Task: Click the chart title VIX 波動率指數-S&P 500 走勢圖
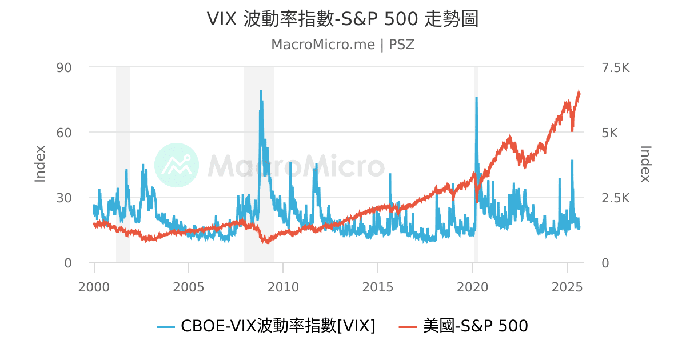[342, 19]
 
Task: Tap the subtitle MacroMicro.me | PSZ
[342, 45]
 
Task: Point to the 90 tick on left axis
[63, 67]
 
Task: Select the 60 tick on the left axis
[63, 133]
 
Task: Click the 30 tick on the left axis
[63, 198]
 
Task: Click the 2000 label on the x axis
[94, 286]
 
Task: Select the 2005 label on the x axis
[189, 286]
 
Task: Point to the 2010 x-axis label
[284, 286]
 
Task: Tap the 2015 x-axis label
[378, 286]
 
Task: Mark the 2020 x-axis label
[473, 286]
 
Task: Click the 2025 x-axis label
[567, 286]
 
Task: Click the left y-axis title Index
[40, 164]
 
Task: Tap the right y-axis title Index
[645, 164]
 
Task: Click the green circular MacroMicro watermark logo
[177, 165]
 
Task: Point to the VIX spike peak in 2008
[261, 91]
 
